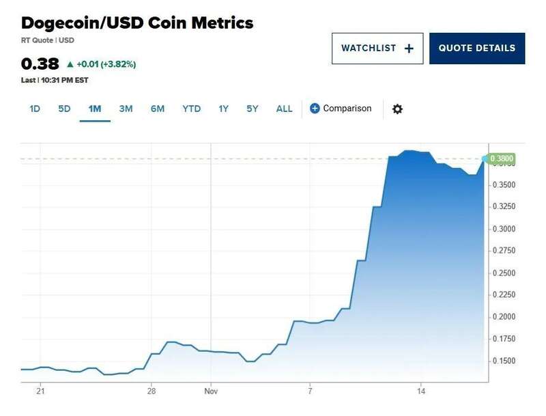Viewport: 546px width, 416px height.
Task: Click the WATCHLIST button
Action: point(377,48)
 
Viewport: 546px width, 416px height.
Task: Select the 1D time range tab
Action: point(35,109)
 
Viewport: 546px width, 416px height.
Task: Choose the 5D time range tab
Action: point(64,109)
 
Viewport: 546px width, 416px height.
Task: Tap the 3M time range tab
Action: point(126,109)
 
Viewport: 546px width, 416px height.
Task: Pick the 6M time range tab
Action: point(158,109)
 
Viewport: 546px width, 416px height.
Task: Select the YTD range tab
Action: point(191,109)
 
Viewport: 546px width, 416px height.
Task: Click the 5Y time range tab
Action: point(253,109)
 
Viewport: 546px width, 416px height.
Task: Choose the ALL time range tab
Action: point(284,109)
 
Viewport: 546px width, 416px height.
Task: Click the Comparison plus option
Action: point(341,109)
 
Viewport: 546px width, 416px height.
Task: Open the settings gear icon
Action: point(397,109)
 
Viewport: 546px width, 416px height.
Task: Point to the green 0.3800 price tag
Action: point(502,159)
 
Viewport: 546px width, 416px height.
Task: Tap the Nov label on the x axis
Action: point(210,391)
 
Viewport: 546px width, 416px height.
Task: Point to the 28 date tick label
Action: point(152,391)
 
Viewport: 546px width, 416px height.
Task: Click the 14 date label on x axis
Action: point(421,391)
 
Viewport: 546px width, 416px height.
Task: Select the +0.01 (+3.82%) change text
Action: point(105,64)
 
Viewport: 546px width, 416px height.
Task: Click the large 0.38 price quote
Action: point(40,64)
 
